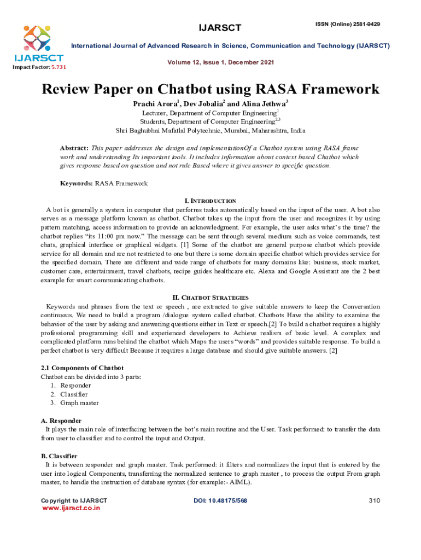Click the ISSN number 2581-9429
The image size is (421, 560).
coord(362,24)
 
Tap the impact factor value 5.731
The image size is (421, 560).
coord(58,67)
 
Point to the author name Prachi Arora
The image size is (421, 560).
coord(157,104)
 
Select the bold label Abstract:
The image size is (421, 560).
coord(74,148)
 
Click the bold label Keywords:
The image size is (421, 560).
coord(76,184)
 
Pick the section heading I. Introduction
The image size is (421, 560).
coord(210,201)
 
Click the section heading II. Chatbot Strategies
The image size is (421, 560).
coord(210,298)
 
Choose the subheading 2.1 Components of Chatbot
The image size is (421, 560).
coord(82,368)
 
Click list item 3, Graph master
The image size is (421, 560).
coord(79,403)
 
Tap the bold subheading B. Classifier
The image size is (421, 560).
coord(59,456)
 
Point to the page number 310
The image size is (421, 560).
coord(374,500)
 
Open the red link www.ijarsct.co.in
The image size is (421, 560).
coord(71,507)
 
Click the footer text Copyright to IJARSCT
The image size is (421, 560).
coord(74,500)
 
